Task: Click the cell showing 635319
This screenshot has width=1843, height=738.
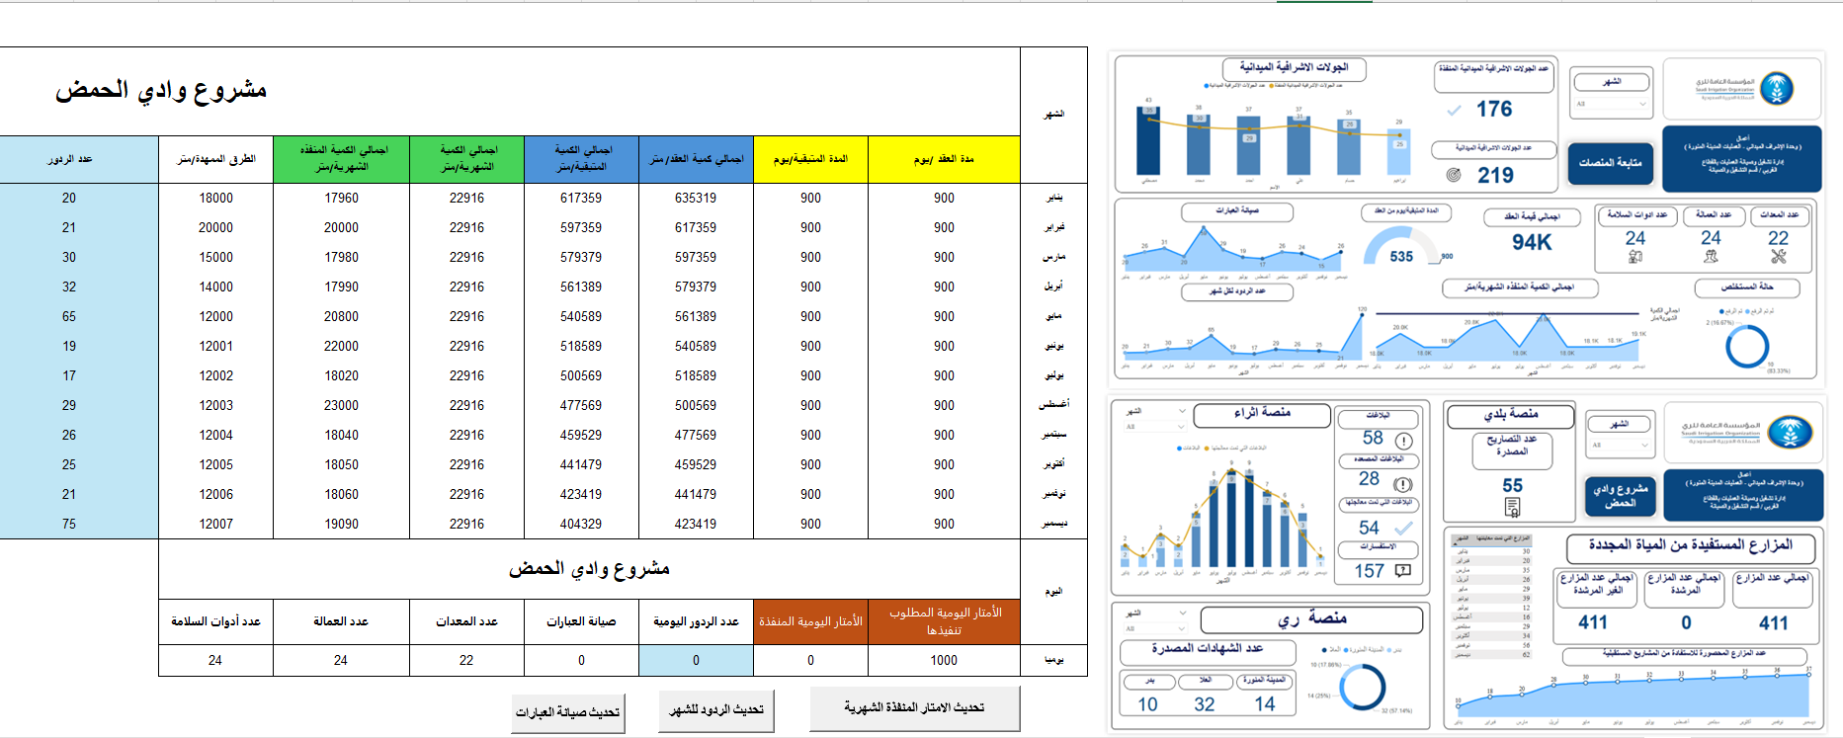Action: [696, 198]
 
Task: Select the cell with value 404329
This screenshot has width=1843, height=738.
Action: [581, 524]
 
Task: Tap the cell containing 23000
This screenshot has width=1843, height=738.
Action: [341, 405]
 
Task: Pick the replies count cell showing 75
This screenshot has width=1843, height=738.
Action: [69, 524]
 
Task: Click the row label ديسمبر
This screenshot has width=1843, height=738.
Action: [1054, 524]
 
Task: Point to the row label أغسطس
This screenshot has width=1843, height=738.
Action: [1054, 405]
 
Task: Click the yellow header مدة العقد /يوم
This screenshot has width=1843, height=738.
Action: [944, 159]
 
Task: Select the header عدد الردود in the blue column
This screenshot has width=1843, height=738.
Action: [70, 159]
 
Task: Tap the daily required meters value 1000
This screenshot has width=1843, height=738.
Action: [944, 660]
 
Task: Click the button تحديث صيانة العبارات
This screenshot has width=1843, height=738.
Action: [567, 712]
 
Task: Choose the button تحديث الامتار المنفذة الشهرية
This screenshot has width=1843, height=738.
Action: [914, 707]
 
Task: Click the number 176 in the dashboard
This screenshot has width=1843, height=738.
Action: [1494, 109]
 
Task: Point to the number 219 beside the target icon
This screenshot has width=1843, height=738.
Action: [1495, 175]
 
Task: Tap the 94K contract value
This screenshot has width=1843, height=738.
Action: [1532, 242]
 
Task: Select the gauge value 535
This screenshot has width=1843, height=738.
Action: [1401, 256]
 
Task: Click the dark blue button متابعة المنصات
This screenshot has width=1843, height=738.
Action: [1610, 163]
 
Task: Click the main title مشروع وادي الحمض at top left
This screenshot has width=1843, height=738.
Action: [161, 90]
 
